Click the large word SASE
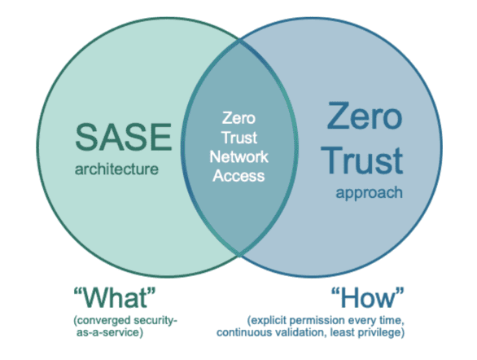124,137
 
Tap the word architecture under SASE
116,169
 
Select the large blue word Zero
365,116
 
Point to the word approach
369,193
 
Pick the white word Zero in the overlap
238,118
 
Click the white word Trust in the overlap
239,138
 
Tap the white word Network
238,156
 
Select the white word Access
238,176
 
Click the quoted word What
115,297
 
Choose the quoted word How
367,297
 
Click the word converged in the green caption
103,321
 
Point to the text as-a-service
108,332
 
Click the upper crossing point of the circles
239,40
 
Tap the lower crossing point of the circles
239,254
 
